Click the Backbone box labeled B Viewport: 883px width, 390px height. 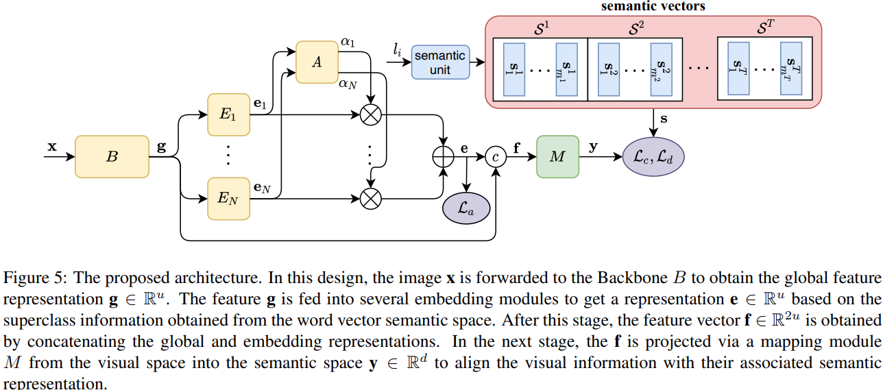[x=112, y=156]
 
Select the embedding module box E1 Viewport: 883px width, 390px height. [x=228, y=114]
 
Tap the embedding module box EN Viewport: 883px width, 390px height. [x=228, y=199]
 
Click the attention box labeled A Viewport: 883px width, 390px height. [x=317, y=62]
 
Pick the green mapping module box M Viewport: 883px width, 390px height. [x=557, y=156]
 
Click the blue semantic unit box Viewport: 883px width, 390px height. [x=439, y=62]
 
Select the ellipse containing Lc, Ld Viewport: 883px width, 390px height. [x=653, y=156]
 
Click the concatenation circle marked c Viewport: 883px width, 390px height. [x=495, y=156]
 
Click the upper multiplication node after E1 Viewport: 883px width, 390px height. [x=371, y=114]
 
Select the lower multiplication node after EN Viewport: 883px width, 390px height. [x=371, y=199]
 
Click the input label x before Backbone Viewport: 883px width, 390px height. [x=52, y=147]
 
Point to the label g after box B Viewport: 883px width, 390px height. [x=161, y=146]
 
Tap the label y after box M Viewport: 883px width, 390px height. [x=594, y=146]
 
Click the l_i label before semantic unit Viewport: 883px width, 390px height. [x=397, y=49]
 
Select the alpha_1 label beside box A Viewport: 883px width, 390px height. [x=348, y=42]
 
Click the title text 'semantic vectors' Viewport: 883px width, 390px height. [x=653, y=7]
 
